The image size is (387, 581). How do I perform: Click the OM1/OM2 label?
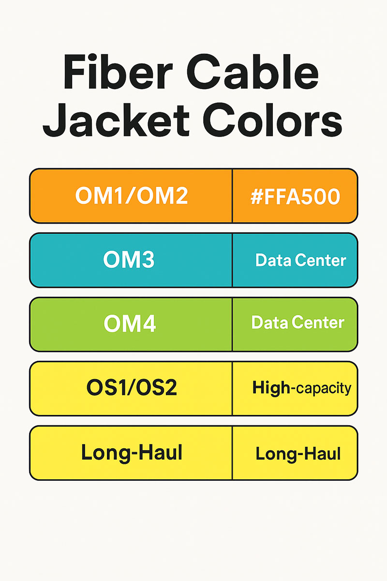(x=131, y=196)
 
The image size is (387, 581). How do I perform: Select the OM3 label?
(x=129, y=260)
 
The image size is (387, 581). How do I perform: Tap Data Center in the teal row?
(x=300, y=260)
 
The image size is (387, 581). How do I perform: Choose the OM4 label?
(x=130, y=324)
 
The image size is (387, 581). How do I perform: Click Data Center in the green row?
(x=298, y=323)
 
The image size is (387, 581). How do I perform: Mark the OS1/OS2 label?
(x=131, y=388)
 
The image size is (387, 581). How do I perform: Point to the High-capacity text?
(x=301, y=387)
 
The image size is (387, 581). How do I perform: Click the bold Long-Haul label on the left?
(x=131, y=453)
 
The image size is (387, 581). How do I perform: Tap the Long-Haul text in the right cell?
(x=298, y=454)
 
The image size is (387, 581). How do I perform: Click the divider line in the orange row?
(x=233, y=196)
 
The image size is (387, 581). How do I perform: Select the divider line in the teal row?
(x=233, y=260)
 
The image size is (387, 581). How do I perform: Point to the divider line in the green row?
(x=233, y=324)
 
